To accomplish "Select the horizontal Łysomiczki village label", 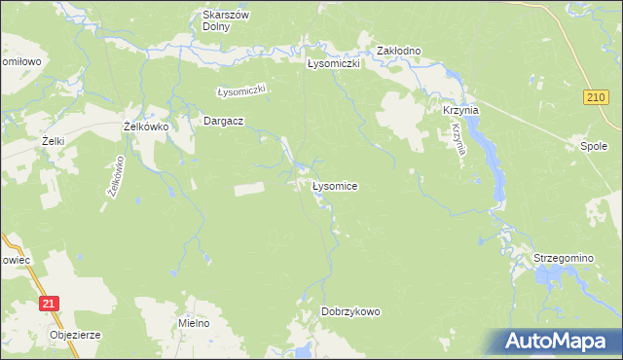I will (x=334, y=63).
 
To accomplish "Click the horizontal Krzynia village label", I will (x=461, y=111).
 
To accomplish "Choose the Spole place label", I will (x=594, y=147).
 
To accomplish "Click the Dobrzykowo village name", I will (x=350, y=311).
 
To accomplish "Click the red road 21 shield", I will (x=50, y=305).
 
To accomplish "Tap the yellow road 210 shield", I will (x=596, y=96).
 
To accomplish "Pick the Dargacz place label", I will (x=222, y=121).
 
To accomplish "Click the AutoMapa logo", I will (x=560, y=342).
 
